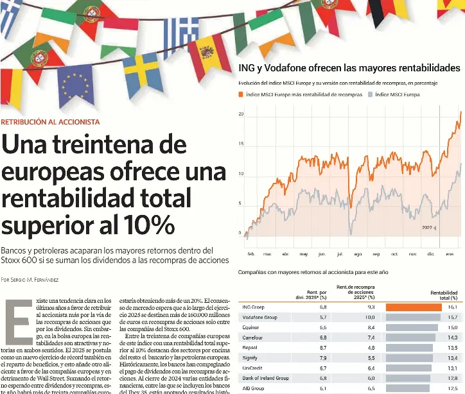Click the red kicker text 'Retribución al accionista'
click(51, 122)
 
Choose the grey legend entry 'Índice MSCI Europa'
click(396, 94)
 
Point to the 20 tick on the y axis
click(241, 114)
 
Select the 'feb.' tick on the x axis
click(250, 254)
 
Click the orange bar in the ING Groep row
click(413, 307)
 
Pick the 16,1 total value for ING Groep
click(452, 307)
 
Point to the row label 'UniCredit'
click(253, 368)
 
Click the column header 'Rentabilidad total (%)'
click(444, 295)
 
